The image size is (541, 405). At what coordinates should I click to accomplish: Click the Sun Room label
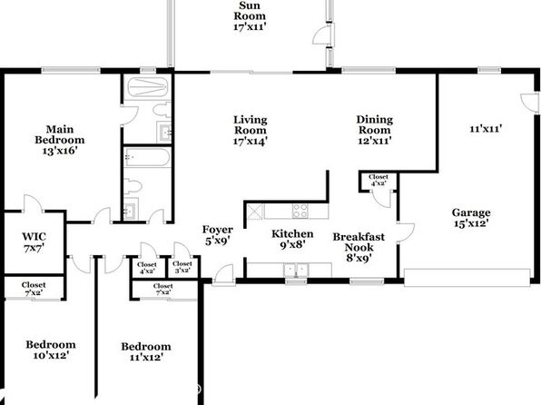[x=250, y=15]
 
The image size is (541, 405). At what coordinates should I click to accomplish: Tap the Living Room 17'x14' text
[x=251, y=131]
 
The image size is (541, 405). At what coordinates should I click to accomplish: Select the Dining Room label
[x=374, y=130]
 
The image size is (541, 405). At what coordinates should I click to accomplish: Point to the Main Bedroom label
[x=60, y=140]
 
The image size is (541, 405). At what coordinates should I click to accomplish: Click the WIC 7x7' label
[x=34, y=242]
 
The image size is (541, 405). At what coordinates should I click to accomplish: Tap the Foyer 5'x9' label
[x=217, y=235]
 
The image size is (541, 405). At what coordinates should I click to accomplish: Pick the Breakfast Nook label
[x=359, y=247]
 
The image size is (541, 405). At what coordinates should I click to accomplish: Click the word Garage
[x=471, y=212]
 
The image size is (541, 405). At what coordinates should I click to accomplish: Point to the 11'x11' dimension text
[x=486, y=129]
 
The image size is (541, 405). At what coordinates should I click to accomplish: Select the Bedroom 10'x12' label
[x=51, y=350]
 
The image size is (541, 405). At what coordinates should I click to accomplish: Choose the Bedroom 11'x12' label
[x=146, y=351]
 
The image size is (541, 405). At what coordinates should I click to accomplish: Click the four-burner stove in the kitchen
[x=300, y=211]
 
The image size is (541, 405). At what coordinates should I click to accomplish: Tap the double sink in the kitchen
[x=296, y=270]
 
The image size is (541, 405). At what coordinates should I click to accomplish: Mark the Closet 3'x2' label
[x=182, y=267]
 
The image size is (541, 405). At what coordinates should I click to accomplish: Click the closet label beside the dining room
[x=379, y=180]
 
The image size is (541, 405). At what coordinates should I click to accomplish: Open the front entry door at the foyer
[x=223, y=275]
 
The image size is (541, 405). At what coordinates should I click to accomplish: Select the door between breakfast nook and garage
[x=406, y=232]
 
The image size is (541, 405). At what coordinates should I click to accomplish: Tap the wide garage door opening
[x=467, y=278]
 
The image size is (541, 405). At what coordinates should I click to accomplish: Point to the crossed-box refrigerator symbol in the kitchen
[x=255, y=211]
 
